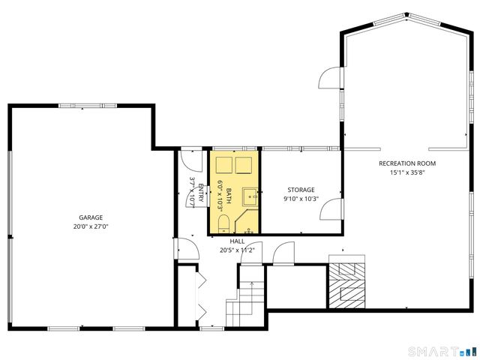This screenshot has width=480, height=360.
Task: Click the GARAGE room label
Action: point(91,217)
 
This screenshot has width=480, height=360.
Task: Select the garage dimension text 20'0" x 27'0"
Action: point(91,226)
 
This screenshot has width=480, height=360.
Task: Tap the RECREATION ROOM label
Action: point(407,163)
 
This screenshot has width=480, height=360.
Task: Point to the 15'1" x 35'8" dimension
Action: point(407,172)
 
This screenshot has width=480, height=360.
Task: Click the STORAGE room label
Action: point(301,190)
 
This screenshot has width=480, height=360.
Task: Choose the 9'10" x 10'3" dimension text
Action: point(301,199)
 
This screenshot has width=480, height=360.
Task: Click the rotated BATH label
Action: point(229,196)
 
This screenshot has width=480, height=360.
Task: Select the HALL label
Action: point(237,241)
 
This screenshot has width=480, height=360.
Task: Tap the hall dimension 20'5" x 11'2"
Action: point(237,250)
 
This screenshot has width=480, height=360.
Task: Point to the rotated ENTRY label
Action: point(201,193)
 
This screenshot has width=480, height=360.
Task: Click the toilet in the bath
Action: point(223,223)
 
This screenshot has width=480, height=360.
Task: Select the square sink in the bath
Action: point(250,196)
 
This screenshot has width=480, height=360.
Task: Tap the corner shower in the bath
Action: point(247,222)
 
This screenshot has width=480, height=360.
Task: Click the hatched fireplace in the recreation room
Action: point(347,286)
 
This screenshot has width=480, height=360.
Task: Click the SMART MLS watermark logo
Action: point(442,351)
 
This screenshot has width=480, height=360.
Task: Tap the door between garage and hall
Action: point(187,248)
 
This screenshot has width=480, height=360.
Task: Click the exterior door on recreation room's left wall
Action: point(330,78)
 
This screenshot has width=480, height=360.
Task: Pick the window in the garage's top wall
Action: point(88,106)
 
